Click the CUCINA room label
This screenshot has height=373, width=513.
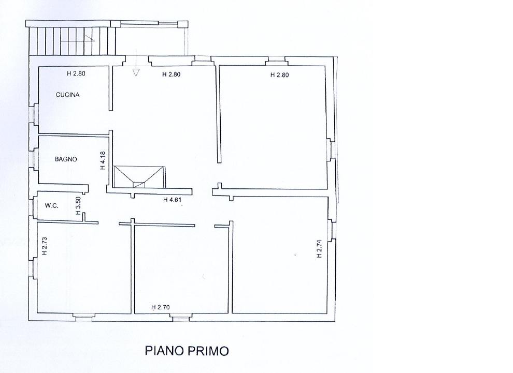[68, 95]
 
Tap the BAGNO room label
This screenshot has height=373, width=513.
[66, 159]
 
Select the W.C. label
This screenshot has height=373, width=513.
[52, 206]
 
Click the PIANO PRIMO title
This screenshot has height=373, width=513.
[187, 351]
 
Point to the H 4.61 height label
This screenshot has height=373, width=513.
[172, 200]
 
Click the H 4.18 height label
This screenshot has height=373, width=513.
[103, 160]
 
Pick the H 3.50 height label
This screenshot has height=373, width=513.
[78, 205]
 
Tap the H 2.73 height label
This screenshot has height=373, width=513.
[45, 246]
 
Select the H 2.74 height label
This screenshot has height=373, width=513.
[319, 248]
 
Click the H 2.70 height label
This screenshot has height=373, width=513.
[160, 307]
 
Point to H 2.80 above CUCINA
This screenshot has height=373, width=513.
[76, 73]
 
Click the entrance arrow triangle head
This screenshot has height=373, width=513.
[136, 72]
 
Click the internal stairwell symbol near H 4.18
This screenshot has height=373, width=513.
[139, 177]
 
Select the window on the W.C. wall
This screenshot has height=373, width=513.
[34, 206]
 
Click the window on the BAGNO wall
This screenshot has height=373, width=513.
[34, 159]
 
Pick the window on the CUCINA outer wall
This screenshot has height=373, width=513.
[34, 114]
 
